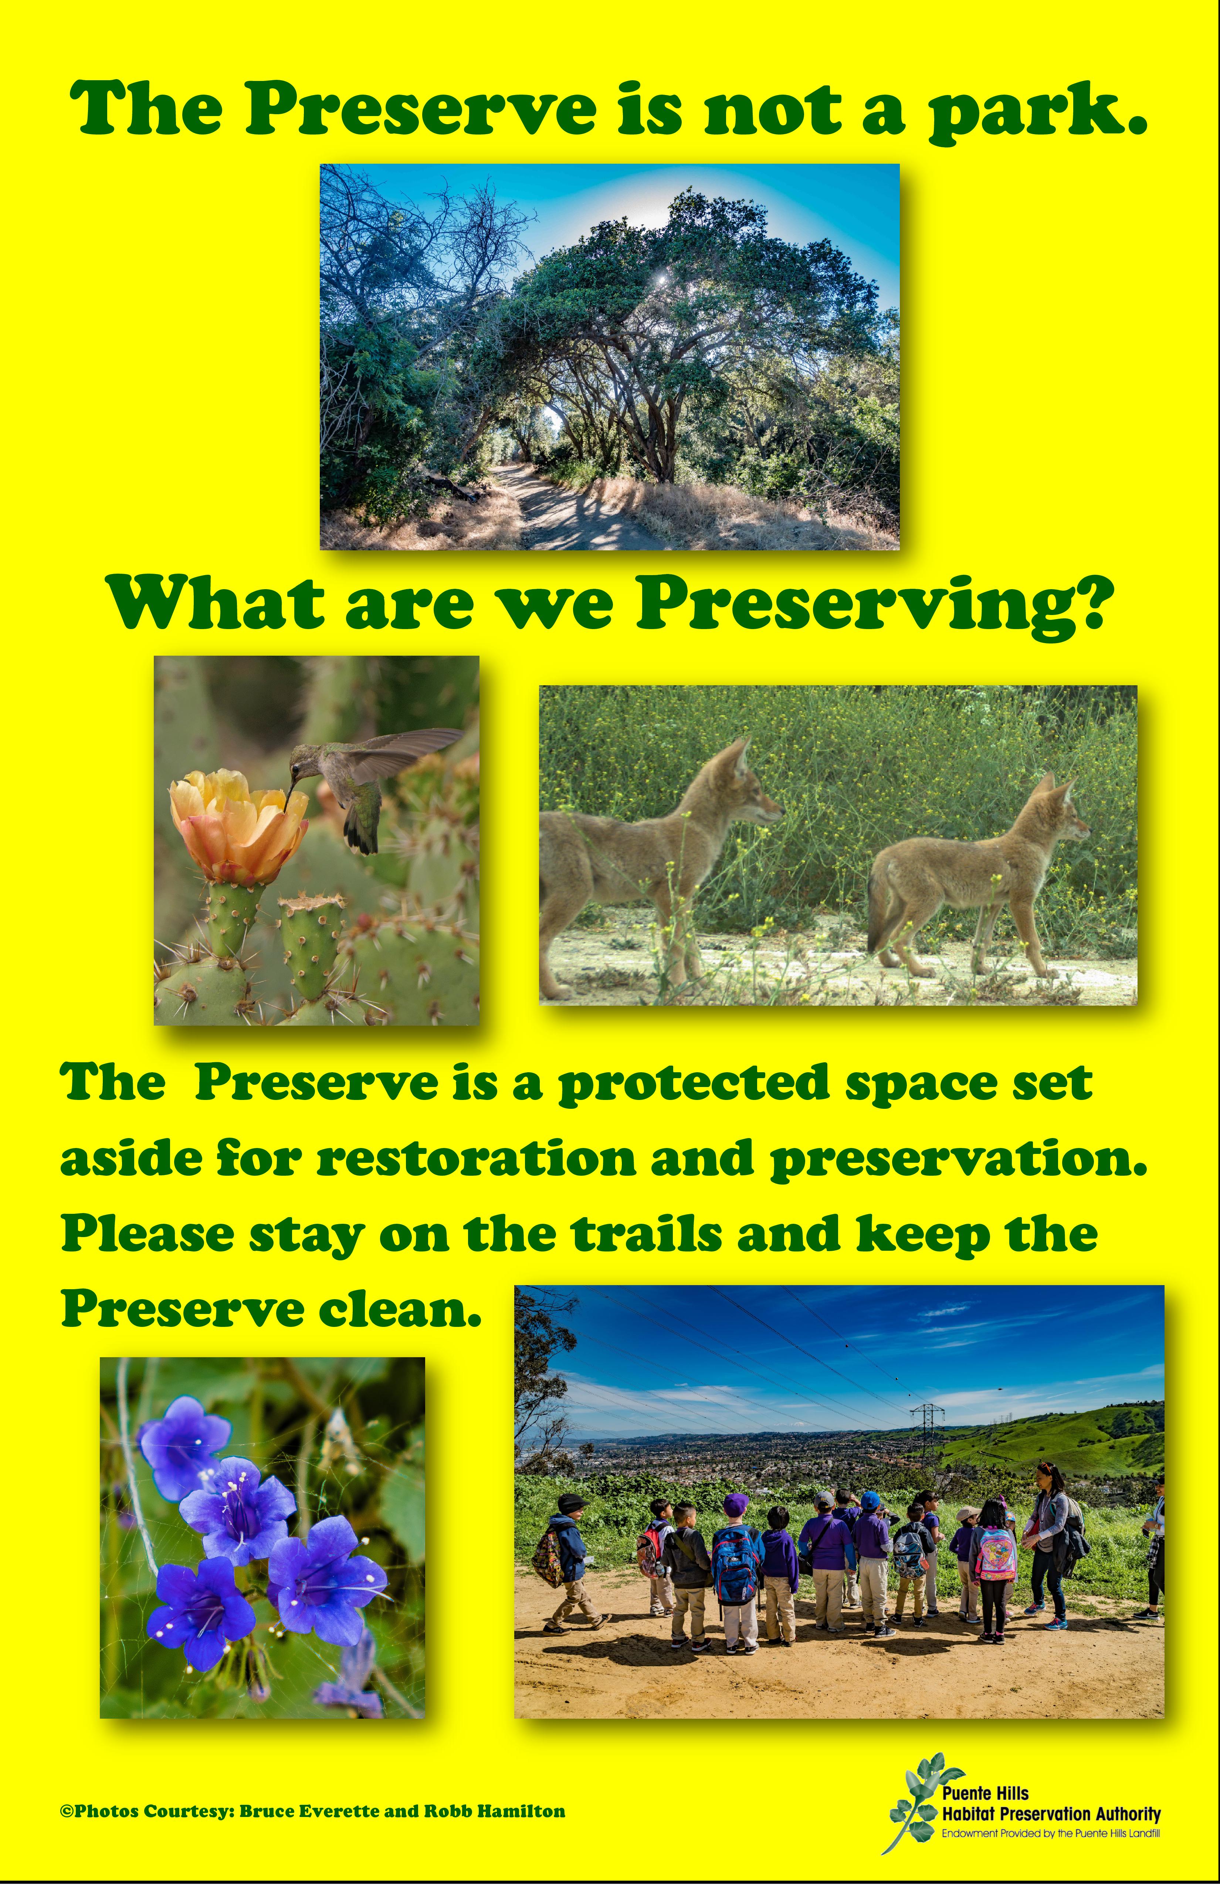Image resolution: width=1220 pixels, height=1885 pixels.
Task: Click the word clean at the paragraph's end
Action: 400,1311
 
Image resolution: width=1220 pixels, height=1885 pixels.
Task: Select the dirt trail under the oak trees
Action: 555,507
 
